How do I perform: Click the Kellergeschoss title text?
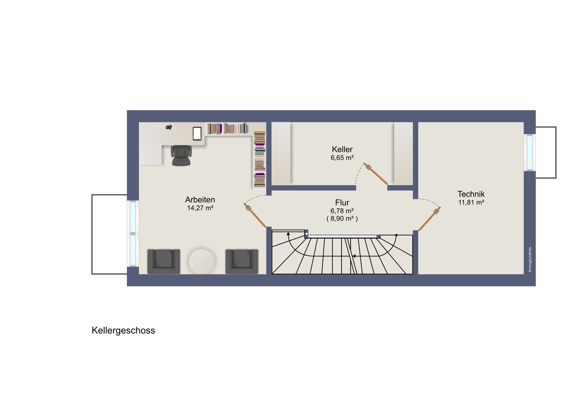123,331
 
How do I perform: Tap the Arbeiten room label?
200,200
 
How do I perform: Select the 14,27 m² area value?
200,208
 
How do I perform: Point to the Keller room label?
342,149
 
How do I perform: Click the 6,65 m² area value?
342,158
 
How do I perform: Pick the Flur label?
342,202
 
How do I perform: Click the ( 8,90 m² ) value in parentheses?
342,219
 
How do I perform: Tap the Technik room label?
471,194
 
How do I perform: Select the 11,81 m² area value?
471,202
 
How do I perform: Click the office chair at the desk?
181,155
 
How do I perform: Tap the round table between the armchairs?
202,262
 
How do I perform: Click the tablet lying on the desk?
197,134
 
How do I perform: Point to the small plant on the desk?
169,127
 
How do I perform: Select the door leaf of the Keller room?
376,174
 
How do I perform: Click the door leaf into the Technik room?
430,219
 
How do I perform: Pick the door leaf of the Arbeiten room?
255,215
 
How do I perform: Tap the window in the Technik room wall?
530,152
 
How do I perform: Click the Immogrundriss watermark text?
530,260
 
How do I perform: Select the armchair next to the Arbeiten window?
164,262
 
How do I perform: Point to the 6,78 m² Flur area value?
342,211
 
